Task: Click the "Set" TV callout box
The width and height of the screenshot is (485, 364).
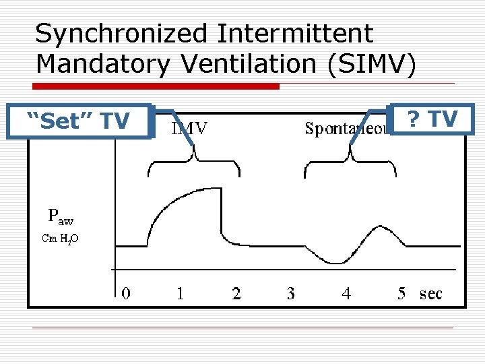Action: click(x=77, y=121)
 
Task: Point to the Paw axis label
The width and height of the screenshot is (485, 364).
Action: click(x=61, y=217)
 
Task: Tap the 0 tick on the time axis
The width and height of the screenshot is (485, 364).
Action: click(x=126, y=293)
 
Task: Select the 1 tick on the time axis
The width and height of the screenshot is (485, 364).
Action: click(x=181, y=293)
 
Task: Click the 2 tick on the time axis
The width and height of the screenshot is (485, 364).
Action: click(x=236, y=293)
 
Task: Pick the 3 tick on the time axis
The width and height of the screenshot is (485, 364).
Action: click(x=290, y=293)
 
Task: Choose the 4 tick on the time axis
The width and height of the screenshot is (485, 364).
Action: click(x=346, y=293)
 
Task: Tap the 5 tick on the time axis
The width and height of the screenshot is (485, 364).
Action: click(x=401, y=293)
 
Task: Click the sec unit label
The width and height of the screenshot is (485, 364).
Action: click(x=431, y=294)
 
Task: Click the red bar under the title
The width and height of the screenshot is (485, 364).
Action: click(x=157, y=86)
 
